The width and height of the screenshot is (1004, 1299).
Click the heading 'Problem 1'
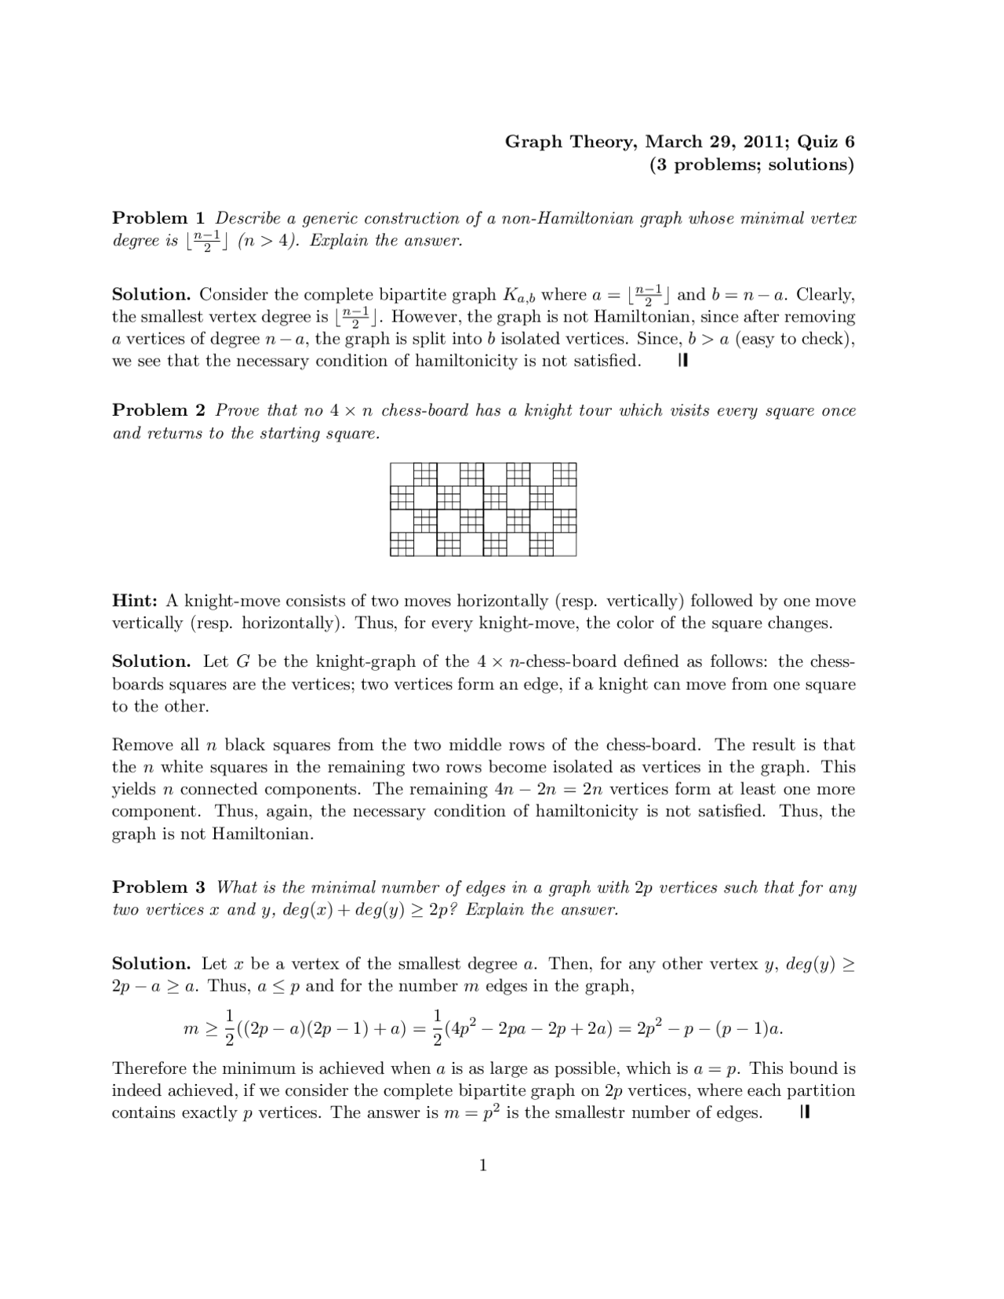click(x=160, y=218)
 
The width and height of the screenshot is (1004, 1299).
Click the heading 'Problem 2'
click(x=160, y=410)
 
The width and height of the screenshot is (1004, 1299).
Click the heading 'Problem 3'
click(x=160, y=887)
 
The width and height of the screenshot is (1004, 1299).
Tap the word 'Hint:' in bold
click(x=135, y=601)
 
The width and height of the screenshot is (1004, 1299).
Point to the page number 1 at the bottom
click(x=483, y=1166)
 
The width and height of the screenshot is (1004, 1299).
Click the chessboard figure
click(x=483, y=509)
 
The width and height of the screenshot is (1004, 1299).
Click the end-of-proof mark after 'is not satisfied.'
click(x=682, y=361)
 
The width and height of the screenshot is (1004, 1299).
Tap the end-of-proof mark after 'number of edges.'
click(x=804, y=1112)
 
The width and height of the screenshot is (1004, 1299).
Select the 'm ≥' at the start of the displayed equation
click(x=199, y=1028)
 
